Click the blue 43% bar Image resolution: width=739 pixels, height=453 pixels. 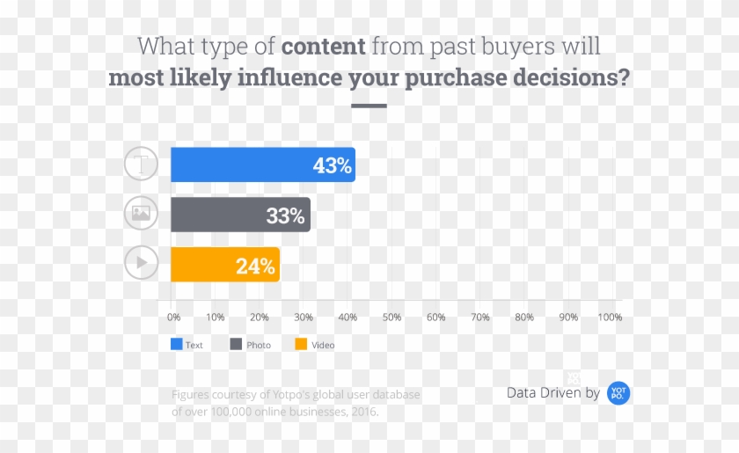pyautogui.click(x=262, y=164)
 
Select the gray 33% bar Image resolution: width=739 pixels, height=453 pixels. pyautogui.click(x=240, y=215)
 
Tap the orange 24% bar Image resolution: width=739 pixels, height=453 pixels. pyautogui.click(x=224, y=265)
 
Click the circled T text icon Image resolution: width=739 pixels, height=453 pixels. pyautogui.click(x=141, y=164)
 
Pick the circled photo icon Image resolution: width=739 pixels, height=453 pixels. pyautogui.click(x=141, y=213)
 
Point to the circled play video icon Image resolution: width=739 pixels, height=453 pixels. pyautogui.click(x=141, y=262)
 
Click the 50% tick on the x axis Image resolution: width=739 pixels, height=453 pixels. pyautogui.click(x=392, y=317)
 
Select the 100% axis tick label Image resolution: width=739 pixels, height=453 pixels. pyautogui.click(x=610, y=317)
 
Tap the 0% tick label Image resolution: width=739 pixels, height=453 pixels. pyautogui.click(x=173, y=317)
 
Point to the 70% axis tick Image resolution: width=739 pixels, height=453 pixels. pyautogui.click(x=480, y=317)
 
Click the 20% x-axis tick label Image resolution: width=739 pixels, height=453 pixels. pyautogui.click(x=260, y=317)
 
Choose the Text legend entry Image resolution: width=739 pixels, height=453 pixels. pyautogui.click(x=187, y=345)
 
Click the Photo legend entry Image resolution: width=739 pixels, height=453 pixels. pyautogui.click(x=251, y=345)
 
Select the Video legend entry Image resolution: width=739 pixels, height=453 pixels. pyautogui.click(x=315, y=345)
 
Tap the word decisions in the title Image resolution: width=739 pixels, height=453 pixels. pyautogui.click(x=573, y=77)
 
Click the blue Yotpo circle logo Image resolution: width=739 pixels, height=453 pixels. pyautogui.click(x=618, y=393)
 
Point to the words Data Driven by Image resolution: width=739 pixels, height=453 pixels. pyautogui.click(x=553, y=393)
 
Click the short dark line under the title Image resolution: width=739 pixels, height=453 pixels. pyautogui.click(x=369, y=106)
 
